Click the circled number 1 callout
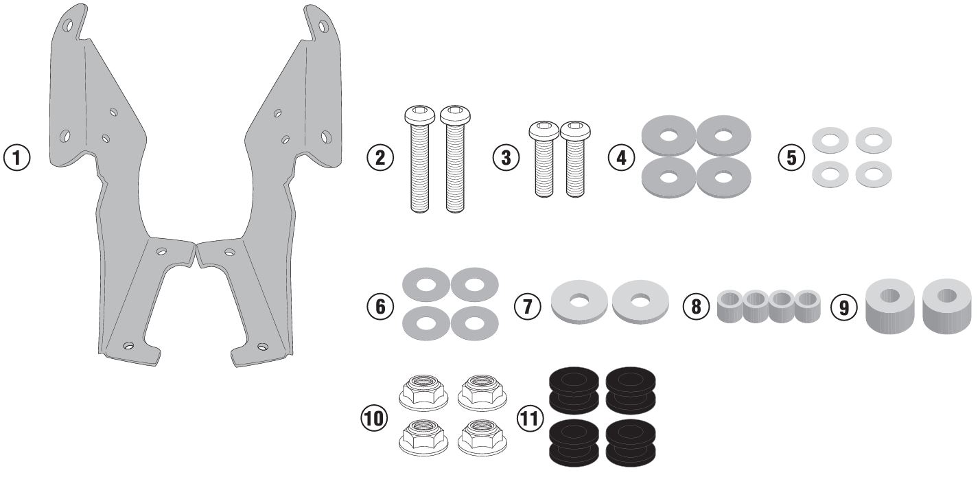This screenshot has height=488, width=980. pos(17,156)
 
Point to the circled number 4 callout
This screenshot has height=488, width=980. pos(621,157)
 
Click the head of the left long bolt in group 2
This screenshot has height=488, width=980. pos(417,117)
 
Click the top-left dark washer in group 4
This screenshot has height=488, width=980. pos(668,135)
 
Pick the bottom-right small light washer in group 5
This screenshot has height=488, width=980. pos(874,174)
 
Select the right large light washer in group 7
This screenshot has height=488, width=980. pos(641,301)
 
